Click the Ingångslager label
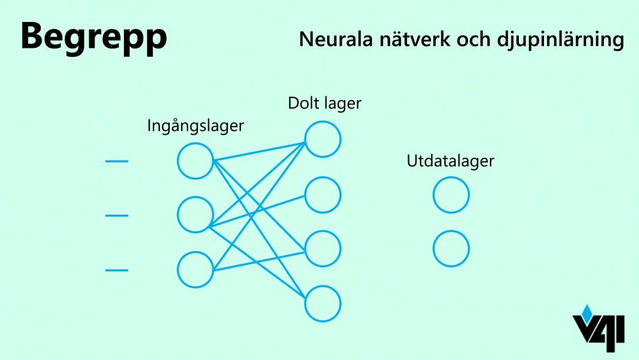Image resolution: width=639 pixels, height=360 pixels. pos(195,126)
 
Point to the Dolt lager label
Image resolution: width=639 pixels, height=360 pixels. pos(325,103)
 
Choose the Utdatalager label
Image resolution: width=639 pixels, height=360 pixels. pos(450,161)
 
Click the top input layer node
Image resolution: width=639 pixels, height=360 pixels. pos(196,161)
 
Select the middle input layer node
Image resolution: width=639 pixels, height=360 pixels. pos(196,215)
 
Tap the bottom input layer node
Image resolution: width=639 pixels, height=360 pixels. pos(196,270)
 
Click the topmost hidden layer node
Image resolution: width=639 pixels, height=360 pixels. pos(323,139)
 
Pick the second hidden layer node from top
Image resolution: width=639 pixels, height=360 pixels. pos(323,194)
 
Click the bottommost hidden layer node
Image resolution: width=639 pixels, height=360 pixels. pos(323,304)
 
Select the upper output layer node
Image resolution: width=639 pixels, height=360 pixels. pos(451,195)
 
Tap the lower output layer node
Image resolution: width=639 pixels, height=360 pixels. pos(451,249)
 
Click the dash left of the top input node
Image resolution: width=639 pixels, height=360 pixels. pos(116,162)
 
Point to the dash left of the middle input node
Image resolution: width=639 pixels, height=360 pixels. pos(116,216)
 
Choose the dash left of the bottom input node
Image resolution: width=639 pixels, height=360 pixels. pos(116,271)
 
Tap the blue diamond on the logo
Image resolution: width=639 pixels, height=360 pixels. pos(587,311)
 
